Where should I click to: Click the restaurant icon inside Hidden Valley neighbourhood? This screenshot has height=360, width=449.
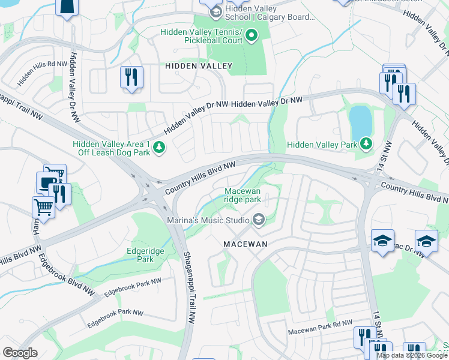coord(131,77)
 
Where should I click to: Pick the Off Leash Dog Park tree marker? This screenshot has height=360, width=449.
coord(159,147)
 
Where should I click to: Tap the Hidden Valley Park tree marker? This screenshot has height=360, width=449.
coord(366,144)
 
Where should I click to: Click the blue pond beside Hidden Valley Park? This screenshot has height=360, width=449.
coord(360,121)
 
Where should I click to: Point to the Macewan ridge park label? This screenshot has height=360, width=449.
coord(243,194)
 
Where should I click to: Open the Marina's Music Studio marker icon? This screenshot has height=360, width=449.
coord(259,221)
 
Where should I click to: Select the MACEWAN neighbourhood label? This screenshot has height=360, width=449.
coord(244,245)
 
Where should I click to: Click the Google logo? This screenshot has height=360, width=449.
coord(20,353)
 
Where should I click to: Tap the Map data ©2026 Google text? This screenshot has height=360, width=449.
coord(412,355)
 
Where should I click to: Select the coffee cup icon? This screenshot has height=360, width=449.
coord(46,182)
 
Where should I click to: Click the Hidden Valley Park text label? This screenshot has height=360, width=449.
coord(322,145)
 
